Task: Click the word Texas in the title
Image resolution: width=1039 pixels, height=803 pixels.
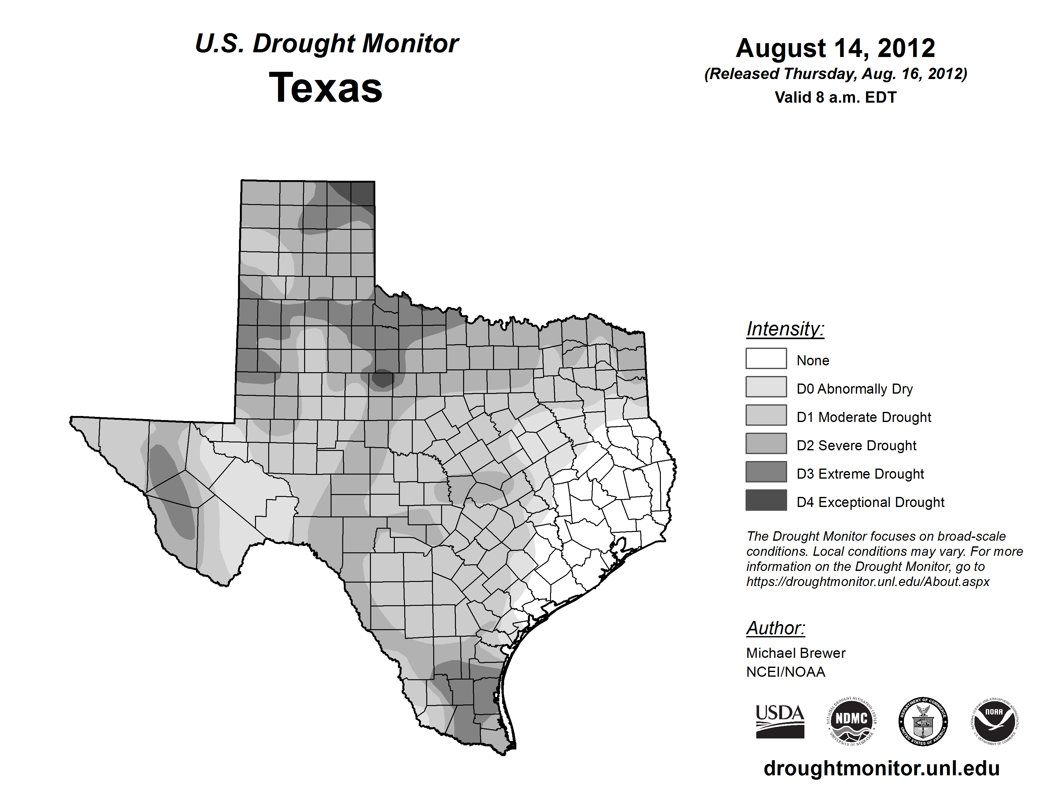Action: pos(326,88)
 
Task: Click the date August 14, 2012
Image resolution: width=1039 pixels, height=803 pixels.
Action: pos(835,48)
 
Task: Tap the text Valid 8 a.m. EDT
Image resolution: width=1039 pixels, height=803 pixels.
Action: pos(835,98)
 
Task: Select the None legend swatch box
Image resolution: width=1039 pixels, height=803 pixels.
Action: pos(766,358)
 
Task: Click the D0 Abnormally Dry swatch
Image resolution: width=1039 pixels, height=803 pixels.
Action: pos(766,387)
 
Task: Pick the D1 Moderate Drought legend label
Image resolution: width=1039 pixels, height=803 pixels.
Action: pos(863,417)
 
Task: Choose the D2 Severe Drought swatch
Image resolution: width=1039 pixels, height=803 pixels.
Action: pos(766,443)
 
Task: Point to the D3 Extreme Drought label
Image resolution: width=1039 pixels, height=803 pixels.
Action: pos(860,474)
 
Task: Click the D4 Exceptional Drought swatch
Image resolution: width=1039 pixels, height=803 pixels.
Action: pos(766,500)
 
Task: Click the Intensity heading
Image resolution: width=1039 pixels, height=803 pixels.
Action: pos(785,329)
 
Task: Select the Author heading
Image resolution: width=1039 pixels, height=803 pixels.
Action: pos(775,628)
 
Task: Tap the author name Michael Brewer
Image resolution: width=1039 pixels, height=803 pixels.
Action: pos(795,653)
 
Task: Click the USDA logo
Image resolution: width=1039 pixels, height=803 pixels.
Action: pos(780,721)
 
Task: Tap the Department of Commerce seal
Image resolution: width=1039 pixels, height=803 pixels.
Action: pos(923,721)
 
